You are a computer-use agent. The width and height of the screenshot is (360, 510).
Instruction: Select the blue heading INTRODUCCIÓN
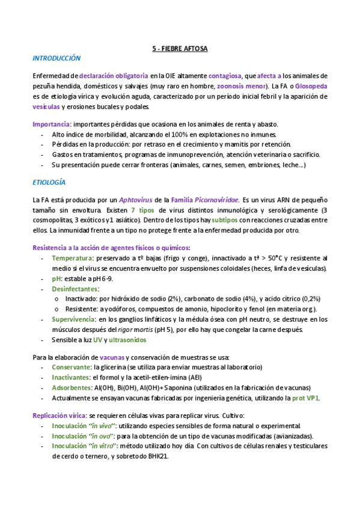point(56,58)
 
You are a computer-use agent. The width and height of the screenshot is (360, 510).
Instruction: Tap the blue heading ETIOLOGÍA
point(49,182)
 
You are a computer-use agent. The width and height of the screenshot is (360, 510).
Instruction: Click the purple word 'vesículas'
point(46,106)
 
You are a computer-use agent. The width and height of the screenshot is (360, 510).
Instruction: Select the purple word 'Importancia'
point(51,124)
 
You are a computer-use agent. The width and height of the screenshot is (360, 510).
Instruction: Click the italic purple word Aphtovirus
point(136,199)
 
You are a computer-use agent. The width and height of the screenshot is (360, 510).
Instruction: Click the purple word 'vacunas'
point(112,357)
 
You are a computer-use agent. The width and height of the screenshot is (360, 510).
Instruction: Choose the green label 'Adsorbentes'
point(72,387)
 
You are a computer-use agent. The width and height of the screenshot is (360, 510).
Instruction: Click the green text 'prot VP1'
point(305,398)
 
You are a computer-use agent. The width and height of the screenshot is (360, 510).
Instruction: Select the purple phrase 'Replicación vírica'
point(58,416)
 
